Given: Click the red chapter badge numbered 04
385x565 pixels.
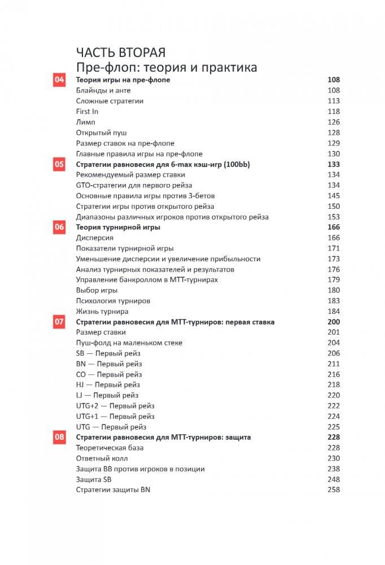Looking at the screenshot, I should [x=59, y=80].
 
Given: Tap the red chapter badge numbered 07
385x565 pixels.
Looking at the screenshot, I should [x=59, y=322].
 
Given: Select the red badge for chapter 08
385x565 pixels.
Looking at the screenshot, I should [x=59, y=437].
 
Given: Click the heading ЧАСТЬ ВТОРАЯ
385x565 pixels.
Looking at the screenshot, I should [x=121, y=53].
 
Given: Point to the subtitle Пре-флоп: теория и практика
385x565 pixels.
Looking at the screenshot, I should [x=167, y=67].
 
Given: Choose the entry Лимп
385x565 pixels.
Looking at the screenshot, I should [x=86, y=122].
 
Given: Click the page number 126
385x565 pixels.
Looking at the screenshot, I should [x=333, y=122].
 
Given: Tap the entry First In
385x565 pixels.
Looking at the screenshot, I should [x=87, y=112].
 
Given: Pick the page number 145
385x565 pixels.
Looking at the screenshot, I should [x=333, y=196].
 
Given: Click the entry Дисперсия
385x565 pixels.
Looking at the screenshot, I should [x=95, y=238].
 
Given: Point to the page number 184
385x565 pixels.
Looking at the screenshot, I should [x=333, y=312].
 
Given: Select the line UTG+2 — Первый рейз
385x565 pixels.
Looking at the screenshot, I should [x=115, y=406].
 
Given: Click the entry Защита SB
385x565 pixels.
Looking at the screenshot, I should [x=94, y=479].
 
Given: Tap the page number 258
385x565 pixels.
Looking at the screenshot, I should [x=333, y=490].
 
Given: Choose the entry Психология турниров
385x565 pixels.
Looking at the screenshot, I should [x=113, y=301].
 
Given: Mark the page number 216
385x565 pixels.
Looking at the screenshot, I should [x=333, y=374].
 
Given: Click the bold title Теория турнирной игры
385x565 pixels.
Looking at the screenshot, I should [x=118, y=227].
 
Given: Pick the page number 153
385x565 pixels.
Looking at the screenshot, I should [x=333, y=217].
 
